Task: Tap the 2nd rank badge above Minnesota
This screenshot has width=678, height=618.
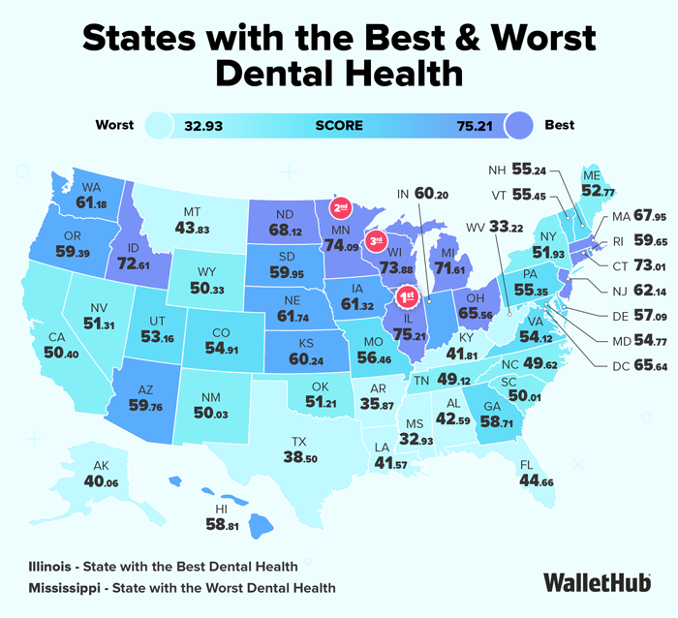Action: click(341, 207)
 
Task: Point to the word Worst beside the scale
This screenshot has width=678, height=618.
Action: click(115, 125)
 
